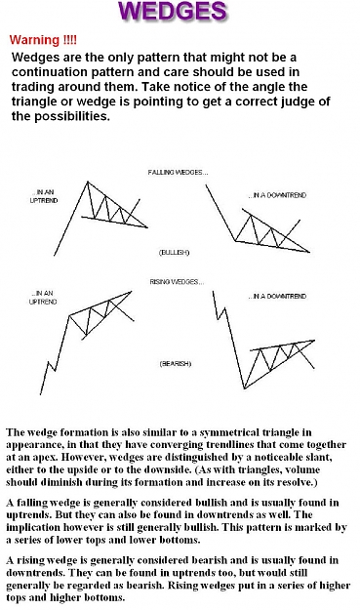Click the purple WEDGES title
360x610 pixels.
tap(174, 11)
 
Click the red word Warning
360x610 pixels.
tap(34, 40)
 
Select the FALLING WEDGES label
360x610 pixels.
tap(178, 173)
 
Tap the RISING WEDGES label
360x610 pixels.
tap(177, 282)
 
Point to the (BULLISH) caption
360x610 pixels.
tap(174, 253)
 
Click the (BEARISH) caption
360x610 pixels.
tap(176, 364)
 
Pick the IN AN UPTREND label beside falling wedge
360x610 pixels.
tap(44, 196)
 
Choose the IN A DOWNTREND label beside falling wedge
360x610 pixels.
tap(278, 195)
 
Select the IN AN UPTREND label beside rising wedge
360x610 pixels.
tap(43, 298)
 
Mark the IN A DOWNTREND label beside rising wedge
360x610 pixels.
tap(278, 297)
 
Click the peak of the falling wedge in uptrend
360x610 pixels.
tap(88, 182)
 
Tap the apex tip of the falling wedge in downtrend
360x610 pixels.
tap(309, 252)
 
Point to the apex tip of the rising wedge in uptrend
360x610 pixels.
tap(132, 292)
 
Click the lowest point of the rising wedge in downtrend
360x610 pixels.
tap(244, 388)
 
